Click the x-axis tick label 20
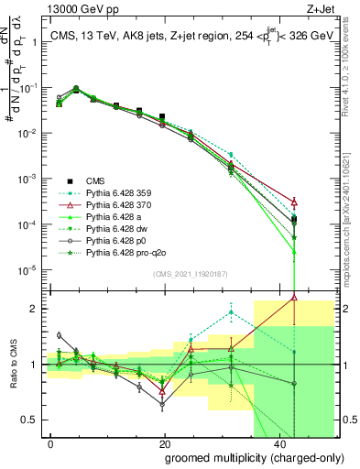tap(164, 442)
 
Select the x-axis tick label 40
tap(277, 442)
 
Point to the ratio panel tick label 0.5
tap(32, 420)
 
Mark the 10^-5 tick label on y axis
tap(30, 269)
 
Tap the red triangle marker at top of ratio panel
tap(293, 297)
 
